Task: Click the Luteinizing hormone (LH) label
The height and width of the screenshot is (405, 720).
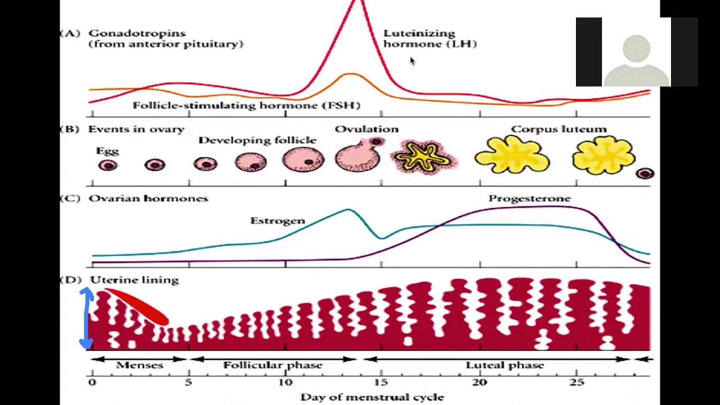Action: pos(430,39)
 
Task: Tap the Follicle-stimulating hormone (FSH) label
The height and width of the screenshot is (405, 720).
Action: pos(246,105)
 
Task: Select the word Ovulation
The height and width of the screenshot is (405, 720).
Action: pos(366,129)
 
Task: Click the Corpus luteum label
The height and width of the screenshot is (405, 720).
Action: pos(559,129)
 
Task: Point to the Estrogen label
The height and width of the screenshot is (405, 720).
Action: pos(277,220)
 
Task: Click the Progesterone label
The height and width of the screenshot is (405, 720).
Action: pos(529,199)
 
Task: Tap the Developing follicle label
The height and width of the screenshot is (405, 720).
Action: pos(257,140)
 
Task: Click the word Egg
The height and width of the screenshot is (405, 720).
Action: pos(107,151)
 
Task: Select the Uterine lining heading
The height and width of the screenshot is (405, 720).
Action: pos(134,280)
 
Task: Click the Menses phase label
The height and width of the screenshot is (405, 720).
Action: pos(139,365)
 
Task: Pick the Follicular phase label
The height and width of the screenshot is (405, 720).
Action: pos(273,365)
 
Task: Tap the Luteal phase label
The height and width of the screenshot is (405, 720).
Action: pos(505,365)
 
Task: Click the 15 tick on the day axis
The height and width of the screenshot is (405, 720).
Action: pos(381,382)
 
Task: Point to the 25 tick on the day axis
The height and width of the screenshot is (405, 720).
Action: pos(577,382)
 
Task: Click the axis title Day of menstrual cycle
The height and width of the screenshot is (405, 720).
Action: pos(372,397)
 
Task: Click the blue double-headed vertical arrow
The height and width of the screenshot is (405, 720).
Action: pos(86,318)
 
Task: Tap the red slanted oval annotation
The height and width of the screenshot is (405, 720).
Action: pos(137,306)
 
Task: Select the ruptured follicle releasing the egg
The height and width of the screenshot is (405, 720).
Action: pos(358,156)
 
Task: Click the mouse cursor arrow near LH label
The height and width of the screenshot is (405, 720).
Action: pos(412,61)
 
